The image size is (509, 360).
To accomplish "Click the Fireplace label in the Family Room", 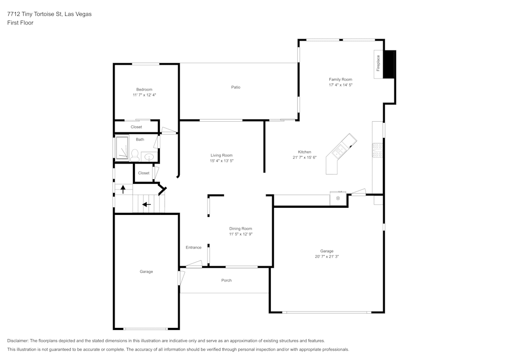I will pos(378,63).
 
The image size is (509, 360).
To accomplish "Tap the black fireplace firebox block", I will pos(389,64).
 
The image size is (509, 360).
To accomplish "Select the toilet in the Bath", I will pos(135,155).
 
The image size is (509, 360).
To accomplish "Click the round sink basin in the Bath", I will pos(149,157).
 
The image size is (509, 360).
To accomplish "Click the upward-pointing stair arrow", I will pos(123,189).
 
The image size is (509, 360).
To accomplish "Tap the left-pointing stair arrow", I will pos(147,205).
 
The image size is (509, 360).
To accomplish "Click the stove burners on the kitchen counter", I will pos(378,150).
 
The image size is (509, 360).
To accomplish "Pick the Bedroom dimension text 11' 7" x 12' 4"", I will pos(144,95).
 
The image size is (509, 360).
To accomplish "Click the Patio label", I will pos(236,87).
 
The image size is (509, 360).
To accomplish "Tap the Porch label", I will pos(227,280).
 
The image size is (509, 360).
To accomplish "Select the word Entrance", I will pos(193,247).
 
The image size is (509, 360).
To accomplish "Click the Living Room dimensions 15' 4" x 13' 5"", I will pos(221,161).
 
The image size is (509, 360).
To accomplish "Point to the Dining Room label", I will pos(240,229).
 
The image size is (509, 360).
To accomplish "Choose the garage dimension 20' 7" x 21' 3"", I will pos(327,257).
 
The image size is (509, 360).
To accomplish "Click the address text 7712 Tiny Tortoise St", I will pos(49,14).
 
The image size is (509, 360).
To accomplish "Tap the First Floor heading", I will pos(20,23).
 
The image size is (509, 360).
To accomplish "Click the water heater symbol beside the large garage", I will pos(337,198).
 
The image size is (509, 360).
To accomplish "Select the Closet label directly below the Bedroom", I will pos(136,127).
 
